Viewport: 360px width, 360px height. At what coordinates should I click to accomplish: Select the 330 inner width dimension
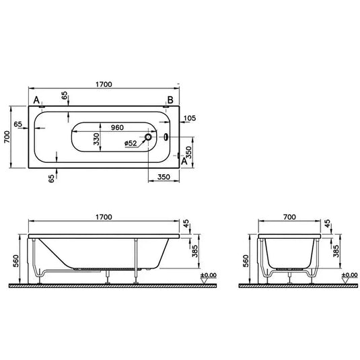[x=96, y=139]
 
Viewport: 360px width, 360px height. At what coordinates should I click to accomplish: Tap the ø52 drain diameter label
[x=131, y=143]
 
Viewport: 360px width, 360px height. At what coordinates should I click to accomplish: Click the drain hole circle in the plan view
[x=150, y=139]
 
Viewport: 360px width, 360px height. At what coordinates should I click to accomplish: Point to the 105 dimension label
[x=189, y=118]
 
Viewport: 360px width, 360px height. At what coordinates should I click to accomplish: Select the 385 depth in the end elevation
[x=336, y=252]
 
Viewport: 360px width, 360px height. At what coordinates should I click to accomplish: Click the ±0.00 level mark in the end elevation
[x=349, y=275]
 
